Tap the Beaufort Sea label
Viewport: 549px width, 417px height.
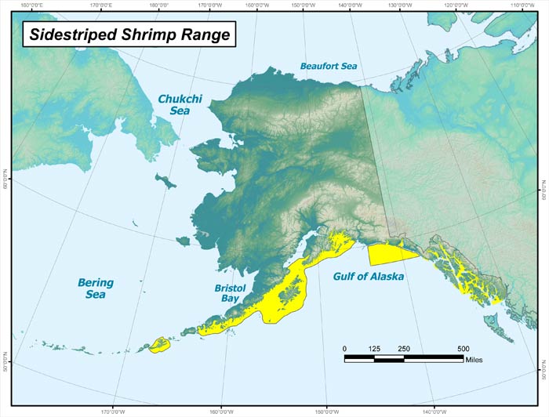point(329,67)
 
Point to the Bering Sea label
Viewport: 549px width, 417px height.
point(96,288)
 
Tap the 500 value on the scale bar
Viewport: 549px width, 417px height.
point(463,349)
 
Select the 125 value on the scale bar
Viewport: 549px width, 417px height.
point(374,349)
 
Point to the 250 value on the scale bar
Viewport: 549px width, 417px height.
point(404,349)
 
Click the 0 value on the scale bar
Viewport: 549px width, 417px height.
point(345,349)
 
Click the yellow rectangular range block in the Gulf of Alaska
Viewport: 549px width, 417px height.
point(392,253)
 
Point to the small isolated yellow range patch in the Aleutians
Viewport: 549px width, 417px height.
point(160,344)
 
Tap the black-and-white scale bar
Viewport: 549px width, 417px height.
point(404,358)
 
